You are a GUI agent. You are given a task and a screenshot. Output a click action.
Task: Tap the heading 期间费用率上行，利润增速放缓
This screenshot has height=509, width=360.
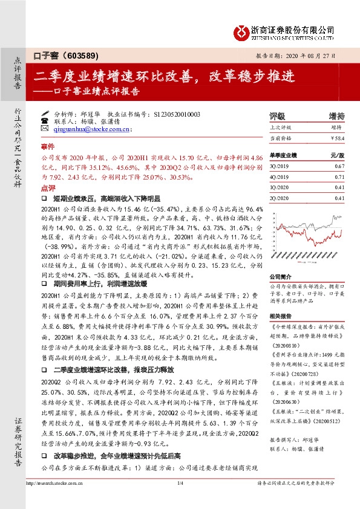click(x=99, y=282)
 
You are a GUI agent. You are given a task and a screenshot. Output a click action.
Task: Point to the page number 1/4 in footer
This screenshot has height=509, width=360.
click(x=180, y=500)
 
